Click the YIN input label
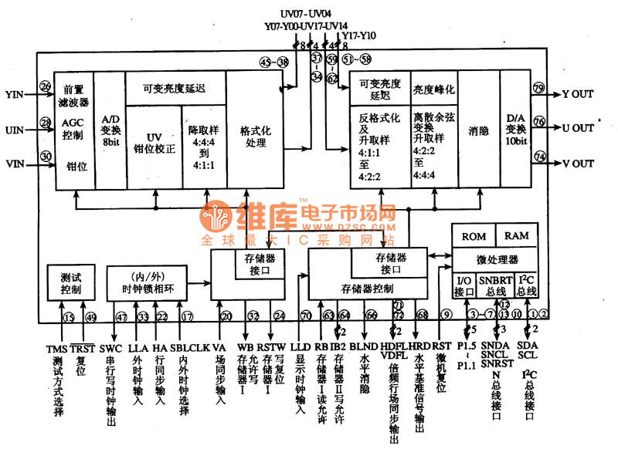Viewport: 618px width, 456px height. pyautogui.click(x=15, y=94)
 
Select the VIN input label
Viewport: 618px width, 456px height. pyautogui.click(x=15, y=164)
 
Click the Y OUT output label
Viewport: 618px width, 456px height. pyautogui.click(x=577, y=94)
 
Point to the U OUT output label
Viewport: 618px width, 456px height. pyautogui.click(x=577, y=127)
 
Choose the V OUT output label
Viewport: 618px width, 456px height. pyautogui.click(x=577, y=164)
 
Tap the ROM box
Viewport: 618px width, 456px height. pyautogui.click(x=473, y=236)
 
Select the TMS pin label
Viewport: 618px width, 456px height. pyautogui.click(x=56, y=347)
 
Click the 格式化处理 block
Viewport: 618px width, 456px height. pyautogui.click(x=254, y=137)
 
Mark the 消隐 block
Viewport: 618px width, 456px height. pyautogui.click(x=479, y=131)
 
